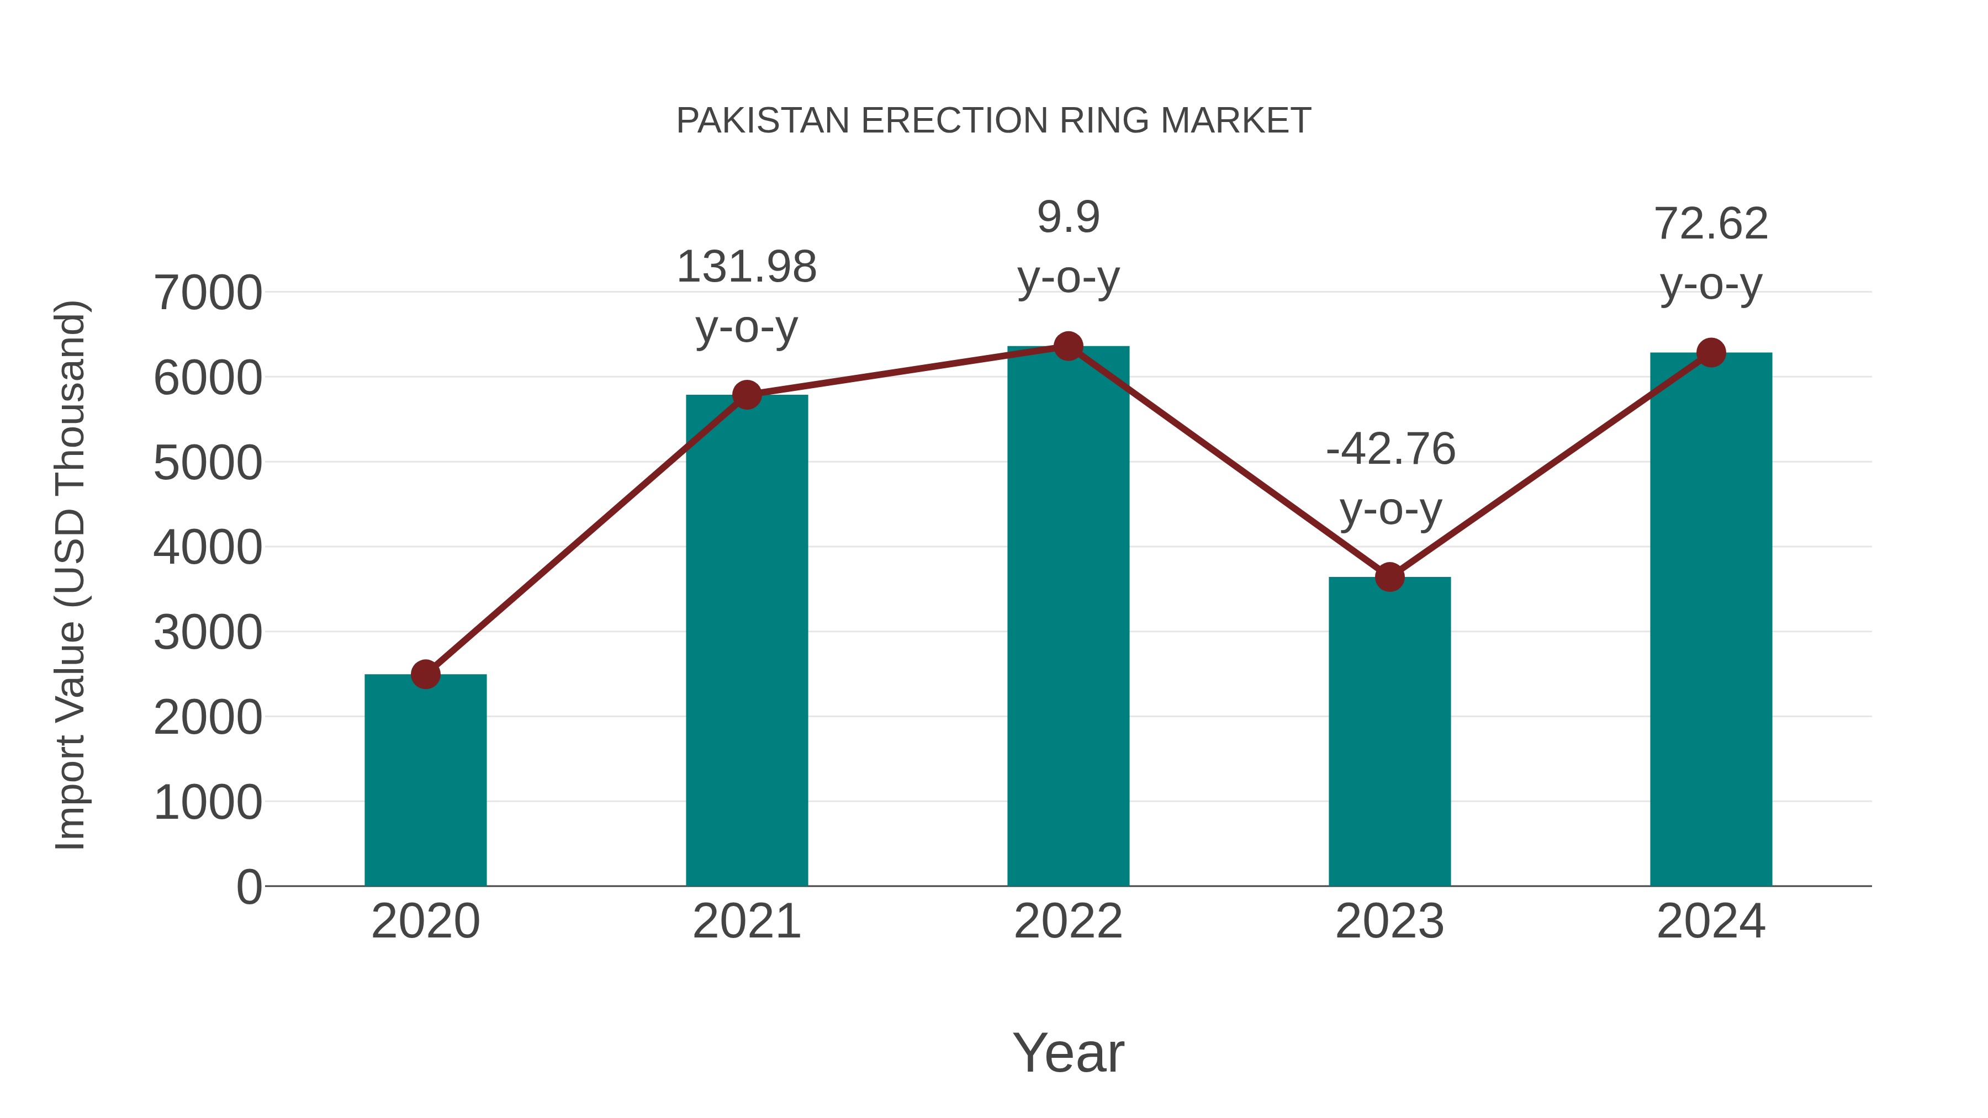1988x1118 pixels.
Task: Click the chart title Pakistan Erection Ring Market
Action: tap(993, 121)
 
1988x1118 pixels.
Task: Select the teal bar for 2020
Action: tap(425, 779)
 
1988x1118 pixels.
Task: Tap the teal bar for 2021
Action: tap(746, 640)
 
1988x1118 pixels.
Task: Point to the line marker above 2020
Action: tap(425, 674)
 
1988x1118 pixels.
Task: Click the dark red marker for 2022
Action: tap(1068, 346)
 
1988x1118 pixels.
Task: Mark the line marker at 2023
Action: tap(1389, 576)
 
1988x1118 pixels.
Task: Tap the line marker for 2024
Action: tap(1711, 353)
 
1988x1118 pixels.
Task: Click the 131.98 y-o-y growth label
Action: tap(746, 296)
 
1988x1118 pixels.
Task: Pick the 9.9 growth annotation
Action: tap(1068, 246)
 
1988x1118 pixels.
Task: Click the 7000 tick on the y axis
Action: tap(208, 293)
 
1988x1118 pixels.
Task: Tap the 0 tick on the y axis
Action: tap(248, 887)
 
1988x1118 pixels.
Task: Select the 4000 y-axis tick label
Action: tap(208, 548)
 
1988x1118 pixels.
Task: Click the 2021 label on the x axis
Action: tap(746, 921)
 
